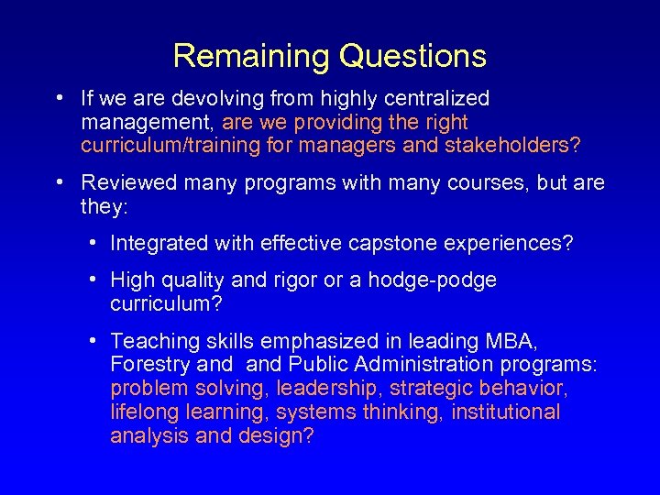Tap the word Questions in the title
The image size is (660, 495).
click(412, 57)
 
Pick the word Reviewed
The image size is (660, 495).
click(128, 182)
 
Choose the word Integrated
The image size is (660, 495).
click(158, 243)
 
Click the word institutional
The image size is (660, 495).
click(504, 412)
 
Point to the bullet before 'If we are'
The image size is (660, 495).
click(58, 97)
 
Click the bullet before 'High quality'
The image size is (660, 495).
click(95, 279)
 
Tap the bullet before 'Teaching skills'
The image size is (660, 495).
click(95, 340)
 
